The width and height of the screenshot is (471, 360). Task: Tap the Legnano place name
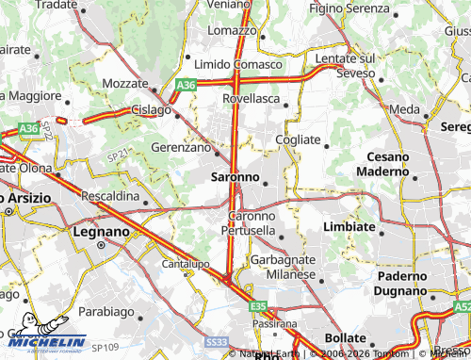point(101,231)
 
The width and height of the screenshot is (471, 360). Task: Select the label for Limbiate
point(349,228)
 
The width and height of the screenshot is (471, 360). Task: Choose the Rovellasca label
point(252,98)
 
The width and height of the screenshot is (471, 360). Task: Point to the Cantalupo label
point(185,264)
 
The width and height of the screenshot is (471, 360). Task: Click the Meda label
point(405,110)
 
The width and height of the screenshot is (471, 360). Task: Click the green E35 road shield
point(258,306)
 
